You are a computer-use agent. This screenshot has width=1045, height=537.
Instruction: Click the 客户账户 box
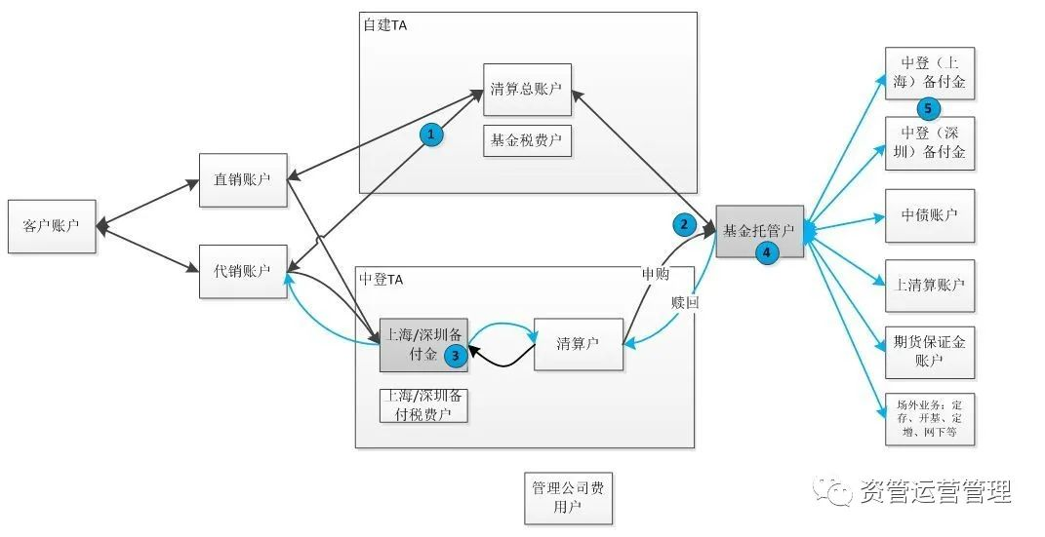(x=52, y=226)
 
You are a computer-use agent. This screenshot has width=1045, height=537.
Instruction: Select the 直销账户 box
(x=243, y=179)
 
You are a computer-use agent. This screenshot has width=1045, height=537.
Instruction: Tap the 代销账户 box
(x=243, y=271)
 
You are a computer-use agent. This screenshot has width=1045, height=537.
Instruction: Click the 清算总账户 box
(x=527, y=90)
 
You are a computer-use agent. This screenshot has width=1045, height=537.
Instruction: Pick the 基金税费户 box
(x=527, y=140)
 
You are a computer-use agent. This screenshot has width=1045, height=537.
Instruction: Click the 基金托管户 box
(x=759, y=231)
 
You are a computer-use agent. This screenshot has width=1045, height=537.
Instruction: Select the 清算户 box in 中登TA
(x=578, y=343)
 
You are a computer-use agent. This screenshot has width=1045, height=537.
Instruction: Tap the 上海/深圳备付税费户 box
(x=423, y=405)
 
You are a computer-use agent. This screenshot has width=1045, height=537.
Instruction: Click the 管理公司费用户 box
(x=568, y=497)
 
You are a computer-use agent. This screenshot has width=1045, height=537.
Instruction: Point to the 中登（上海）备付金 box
(x=930, y=72)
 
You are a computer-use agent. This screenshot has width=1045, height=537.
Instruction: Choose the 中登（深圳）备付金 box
(x=930, y=142)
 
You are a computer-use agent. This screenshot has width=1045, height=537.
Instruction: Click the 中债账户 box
(x=930, y=214)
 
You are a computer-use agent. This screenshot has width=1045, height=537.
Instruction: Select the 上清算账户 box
(x=930, y=285)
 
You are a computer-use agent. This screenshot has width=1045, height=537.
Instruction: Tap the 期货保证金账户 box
(x=930, y=352)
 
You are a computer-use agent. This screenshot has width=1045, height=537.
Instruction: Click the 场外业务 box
(x=930, y=418)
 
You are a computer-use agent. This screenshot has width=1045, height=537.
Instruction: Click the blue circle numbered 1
(x=431, y=134)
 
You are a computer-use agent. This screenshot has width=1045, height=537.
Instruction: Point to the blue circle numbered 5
(x=928, y=107)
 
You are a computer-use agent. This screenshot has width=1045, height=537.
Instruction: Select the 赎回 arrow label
(x=685, y=302)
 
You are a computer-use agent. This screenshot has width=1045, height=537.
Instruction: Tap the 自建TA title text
(x=384, y=25)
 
